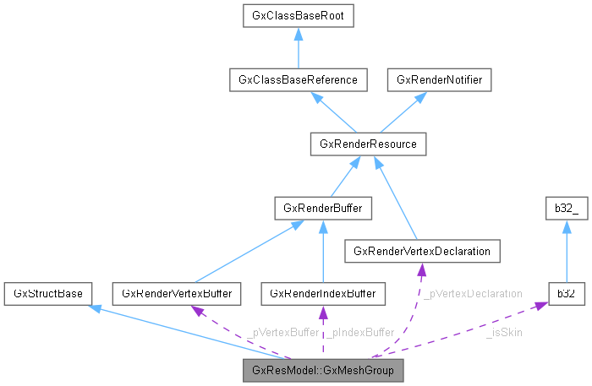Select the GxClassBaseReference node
(x=299, y=80)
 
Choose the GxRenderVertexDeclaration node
(x=422, y=251)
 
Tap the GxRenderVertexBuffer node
(x=178, y=293)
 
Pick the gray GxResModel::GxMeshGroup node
(x=323, y=370)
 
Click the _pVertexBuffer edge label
(x=284, y=332)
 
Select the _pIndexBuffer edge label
(x=360, y=332)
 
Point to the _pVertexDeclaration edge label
(x=473, y=293)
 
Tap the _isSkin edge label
(x=504, y=332)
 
